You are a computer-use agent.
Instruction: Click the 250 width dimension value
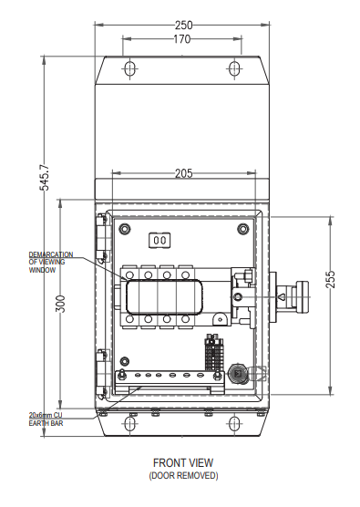click(183, 25)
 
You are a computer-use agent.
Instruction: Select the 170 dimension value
click(182, 39)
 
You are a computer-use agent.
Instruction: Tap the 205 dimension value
click(183, 173)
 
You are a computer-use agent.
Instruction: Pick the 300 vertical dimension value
click(60, 304)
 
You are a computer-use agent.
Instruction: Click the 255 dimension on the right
click(330, 279)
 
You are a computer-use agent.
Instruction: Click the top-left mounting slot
click(130, 68)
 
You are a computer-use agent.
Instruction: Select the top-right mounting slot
click(234, 68)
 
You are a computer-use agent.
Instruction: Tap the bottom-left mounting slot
click(129, 424)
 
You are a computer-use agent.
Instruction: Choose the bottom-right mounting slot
click(234, 424)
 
